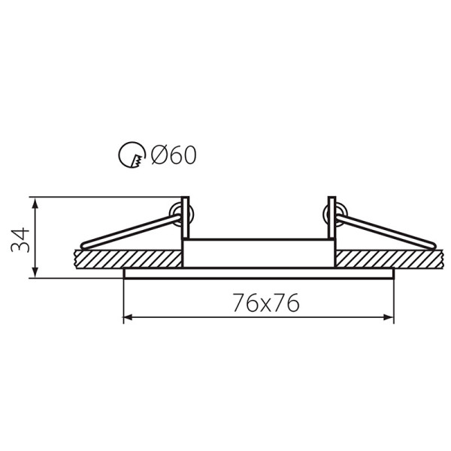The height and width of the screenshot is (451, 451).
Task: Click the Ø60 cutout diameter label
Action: point(174,155)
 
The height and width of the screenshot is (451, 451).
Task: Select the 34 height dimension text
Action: point(20,240)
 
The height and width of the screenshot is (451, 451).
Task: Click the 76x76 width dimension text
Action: point(266,303)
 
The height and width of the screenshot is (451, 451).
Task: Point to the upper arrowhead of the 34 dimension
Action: point(35,203)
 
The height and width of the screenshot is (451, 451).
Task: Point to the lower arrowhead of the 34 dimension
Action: point(35,272)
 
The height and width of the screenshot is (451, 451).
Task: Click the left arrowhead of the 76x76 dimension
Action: point(128,317)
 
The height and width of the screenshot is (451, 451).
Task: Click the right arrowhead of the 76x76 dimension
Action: point(389,317)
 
